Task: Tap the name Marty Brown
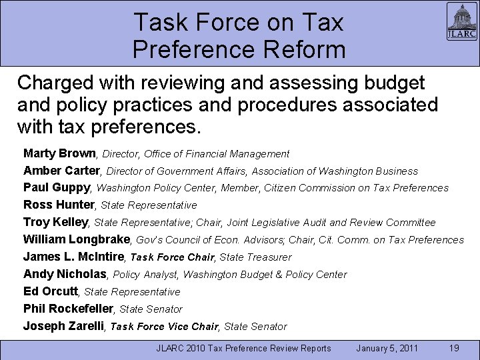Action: [59, 153]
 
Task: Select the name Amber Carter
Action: [61, 171]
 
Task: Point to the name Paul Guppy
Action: [57, 187]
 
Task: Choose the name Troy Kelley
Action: [56, 222]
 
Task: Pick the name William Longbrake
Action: [78, 239]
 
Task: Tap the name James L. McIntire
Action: [74, 257]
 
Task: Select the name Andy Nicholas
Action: [65, 274]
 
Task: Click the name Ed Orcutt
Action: [51, 291]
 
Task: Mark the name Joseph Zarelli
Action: [63, 326]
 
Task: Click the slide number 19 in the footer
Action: [454, 347]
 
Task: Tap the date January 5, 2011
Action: [387, 347]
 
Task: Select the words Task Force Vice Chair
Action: [164, 327]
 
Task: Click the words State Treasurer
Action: [255, 257]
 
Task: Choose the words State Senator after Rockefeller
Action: [151, 309]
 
